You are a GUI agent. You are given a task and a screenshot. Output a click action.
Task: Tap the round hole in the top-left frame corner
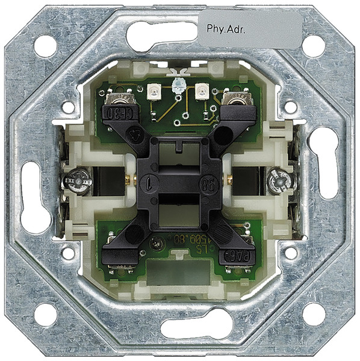[x=46, y=46]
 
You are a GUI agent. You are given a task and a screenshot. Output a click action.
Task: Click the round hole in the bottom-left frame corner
[x=46, y=314]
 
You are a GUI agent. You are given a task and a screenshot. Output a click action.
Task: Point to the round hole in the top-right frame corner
[x=313, y=46]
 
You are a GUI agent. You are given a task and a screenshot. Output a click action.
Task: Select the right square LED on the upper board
[x=201, y=92]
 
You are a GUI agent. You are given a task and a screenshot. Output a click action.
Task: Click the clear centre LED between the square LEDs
[x=178, y=87]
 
